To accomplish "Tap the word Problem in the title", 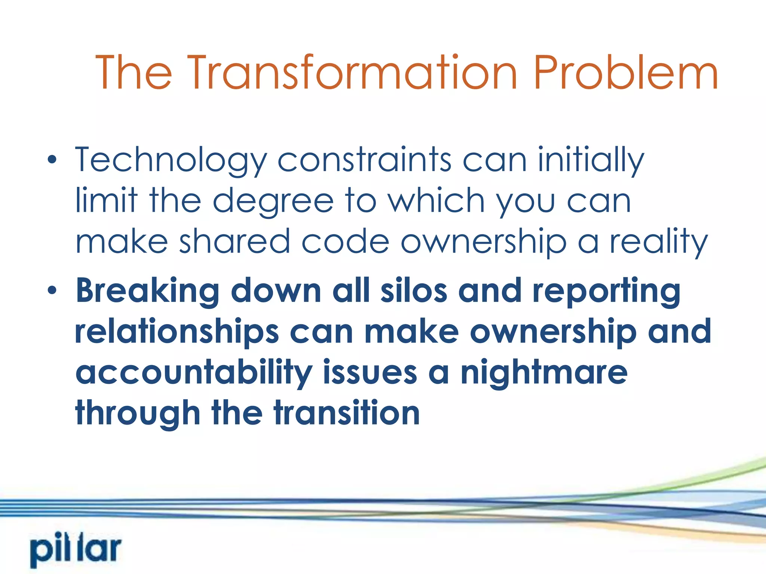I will pyautogui.click(x=626, y=73).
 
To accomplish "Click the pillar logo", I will pyautogui.click(x=76, y=550).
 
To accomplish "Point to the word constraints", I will pyautogui.click(x=364, y=160).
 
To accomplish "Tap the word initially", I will pyautogui.click(x=591, y=160).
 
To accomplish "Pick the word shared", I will pyautogui.click(x=235, y=241).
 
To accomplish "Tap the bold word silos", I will pyautogui.click(x=414, y=291).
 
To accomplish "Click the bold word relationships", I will pyautogui.click(x=177, y=332).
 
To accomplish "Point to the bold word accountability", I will pyautogui.click(x=194, y=373).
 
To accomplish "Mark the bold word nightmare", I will pyautogui.click(x=544, y=373).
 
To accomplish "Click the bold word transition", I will pyautogui.click(x=347, y=413).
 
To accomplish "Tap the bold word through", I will pyautogui.click(x=138, y=414).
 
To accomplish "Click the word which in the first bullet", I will pyautogui.click(x=436, y=201).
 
